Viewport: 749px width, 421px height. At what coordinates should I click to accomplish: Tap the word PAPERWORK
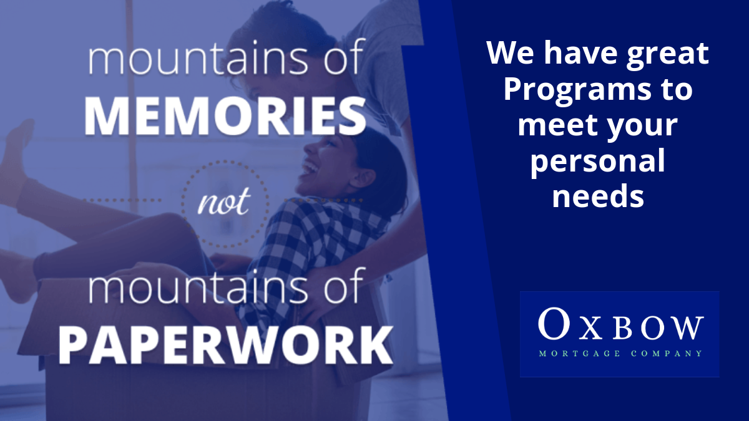(226, 345)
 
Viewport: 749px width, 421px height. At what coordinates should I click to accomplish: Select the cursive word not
(223, 201)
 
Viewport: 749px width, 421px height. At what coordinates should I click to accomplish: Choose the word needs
(598, 196)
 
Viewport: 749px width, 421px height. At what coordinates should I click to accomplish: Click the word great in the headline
(667, 55)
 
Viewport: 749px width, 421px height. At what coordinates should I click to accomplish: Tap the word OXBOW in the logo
(621, 324)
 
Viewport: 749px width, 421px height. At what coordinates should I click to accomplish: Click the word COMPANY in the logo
(667, 354)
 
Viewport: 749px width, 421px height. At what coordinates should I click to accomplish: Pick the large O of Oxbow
(554, 323)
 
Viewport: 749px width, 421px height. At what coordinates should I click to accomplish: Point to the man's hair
(288, 30)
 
